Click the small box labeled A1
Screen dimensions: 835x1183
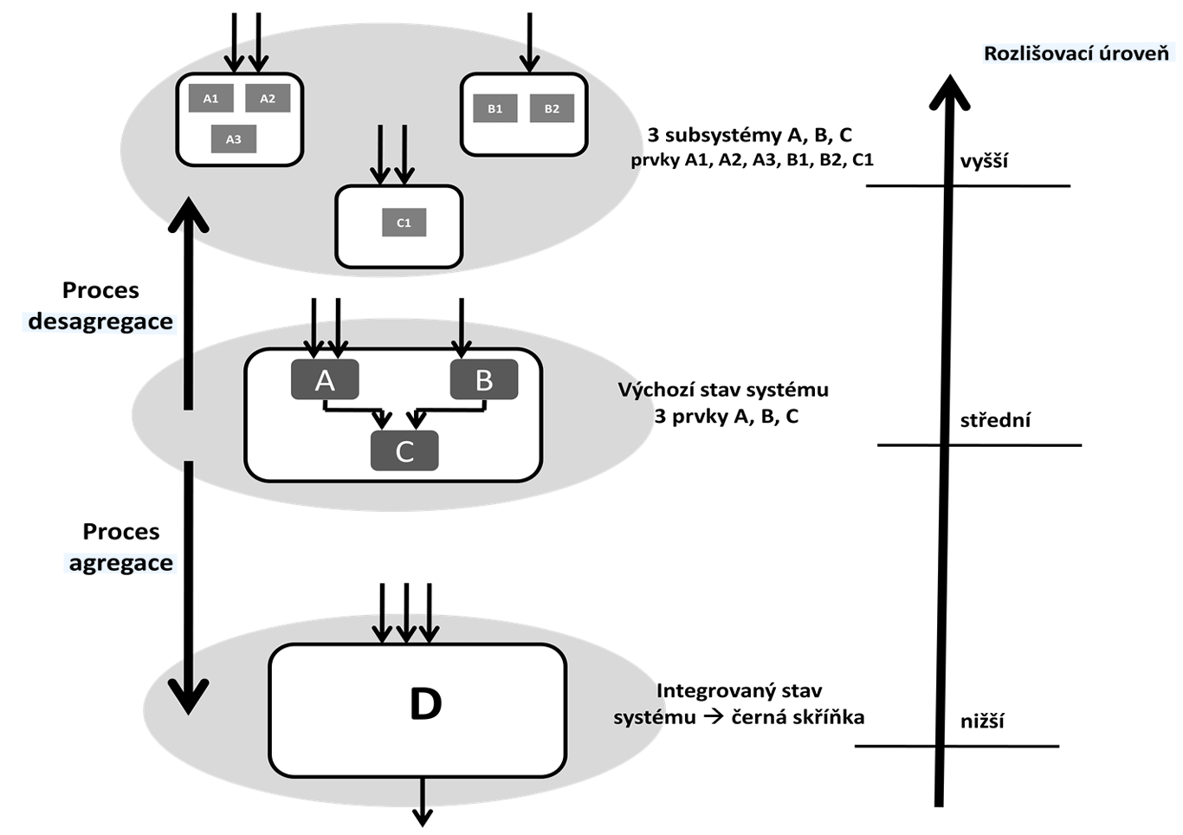point(210,98)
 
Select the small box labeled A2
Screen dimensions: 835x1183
point(268,98)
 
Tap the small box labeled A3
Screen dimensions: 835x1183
point(234,139)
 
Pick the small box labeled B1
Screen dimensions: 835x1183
point(495,108)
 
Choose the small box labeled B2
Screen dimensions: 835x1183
point(552,108)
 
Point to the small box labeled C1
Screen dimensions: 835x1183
point(404,223)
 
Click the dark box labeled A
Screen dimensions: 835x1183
point(325,380)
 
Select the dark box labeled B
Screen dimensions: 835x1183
point(484,380)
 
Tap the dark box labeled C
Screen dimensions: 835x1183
point(404,451)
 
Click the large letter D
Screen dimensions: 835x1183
point(425,704)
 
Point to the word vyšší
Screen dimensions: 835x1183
point(984,161)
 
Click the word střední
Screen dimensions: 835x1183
point(995,421)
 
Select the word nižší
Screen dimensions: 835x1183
point(982,722)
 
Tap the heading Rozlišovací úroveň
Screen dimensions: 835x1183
point(1076,54)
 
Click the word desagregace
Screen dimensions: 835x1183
point(100,321)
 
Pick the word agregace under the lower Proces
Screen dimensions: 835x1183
point(121,563)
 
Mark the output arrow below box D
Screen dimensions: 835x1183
point(423,801)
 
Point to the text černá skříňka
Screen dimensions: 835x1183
point(798,717)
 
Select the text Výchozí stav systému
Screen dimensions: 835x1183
point(723,390)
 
